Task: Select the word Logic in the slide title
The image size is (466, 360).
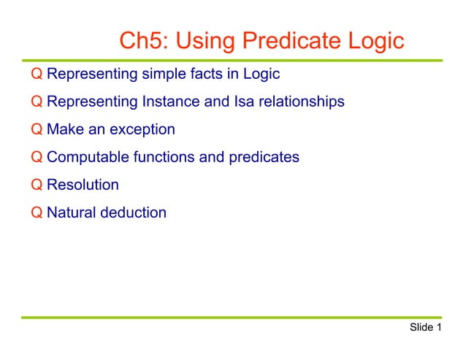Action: [x=377, y=41]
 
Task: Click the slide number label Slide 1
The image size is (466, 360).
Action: [x=426, y=327]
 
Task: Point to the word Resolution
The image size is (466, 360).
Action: [x=83, y=185]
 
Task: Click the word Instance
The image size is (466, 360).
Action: [x=173, y=102]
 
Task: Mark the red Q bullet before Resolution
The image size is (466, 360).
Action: [x=37, y=185]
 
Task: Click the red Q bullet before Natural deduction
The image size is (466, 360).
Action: [x=37, y=212]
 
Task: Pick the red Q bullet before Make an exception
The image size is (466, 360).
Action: [x=37, y=129]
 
